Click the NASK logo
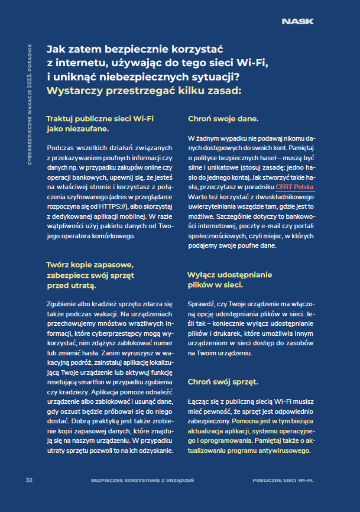pos(297,22)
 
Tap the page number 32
pos(28,479)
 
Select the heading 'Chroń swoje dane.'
pos(223,119)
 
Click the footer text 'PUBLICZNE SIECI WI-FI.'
pos(283,479)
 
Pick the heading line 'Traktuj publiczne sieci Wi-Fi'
pos(100,119)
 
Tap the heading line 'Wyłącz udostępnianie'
pos(229,275)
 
